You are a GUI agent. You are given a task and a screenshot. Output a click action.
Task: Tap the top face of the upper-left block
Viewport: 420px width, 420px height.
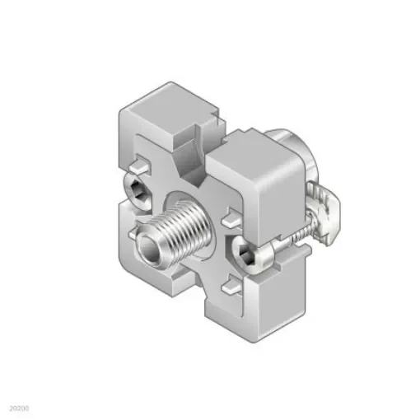coord(165,103)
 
